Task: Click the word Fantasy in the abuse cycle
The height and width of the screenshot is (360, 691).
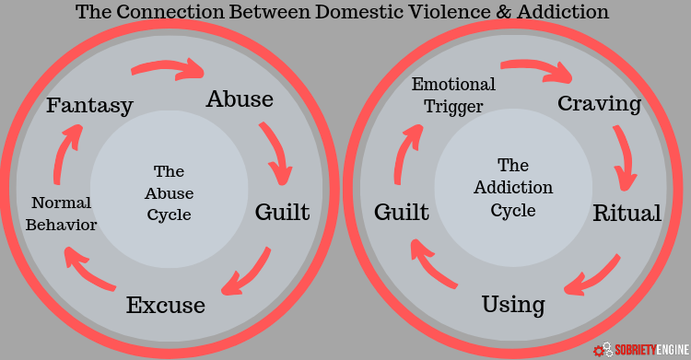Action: [90, 106]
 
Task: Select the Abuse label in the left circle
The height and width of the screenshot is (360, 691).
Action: [240, 99]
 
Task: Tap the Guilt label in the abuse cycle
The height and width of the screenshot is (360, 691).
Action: [283, 212]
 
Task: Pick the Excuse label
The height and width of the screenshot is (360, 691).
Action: [166, 305]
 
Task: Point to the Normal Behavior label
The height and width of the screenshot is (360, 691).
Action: [61, 214]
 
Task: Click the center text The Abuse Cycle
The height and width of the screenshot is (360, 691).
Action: [170, 193]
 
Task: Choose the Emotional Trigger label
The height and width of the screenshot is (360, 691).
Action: [453, 95]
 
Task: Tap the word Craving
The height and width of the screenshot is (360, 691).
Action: [600, 104]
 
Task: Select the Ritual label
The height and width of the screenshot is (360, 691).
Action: [627, 214]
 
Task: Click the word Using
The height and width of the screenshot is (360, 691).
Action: [513, 305]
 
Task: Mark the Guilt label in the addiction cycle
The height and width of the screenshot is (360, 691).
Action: [402, 212]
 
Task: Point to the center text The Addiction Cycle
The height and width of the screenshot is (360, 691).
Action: [513, 188]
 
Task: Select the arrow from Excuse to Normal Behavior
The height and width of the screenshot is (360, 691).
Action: [88, 270]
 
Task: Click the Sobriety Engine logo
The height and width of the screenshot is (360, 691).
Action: [641, 350]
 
